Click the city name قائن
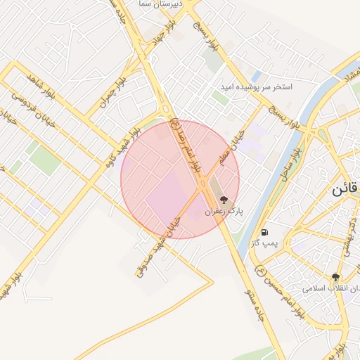click(346, 190)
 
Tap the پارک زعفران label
click(223, 210)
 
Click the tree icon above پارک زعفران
click(224, 200)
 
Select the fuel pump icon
click(264, 232)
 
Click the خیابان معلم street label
click(234, 147)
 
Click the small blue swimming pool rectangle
click(257, 75)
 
